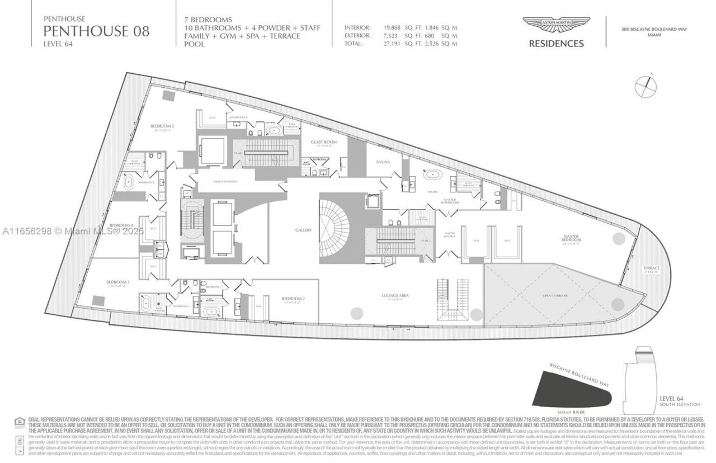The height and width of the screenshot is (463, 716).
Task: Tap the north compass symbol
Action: click(x=648, y=85)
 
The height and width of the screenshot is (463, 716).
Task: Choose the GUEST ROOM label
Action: click(x=323, y=143)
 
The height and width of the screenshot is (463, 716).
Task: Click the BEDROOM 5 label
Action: click(x=162, y=126)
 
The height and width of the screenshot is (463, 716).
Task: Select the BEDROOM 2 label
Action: click(x=293, y=299)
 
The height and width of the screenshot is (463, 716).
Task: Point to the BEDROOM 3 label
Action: click(x=119, y=282)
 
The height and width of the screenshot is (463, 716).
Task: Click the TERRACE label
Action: click(x=651, y=268)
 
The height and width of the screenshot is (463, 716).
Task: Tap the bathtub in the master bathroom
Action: click(x=432, y=174)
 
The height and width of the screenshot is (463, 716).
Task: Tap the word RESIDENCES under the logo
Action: click(x=556, y=44)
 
